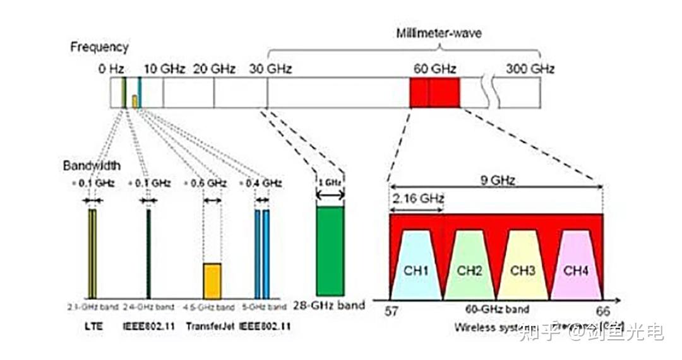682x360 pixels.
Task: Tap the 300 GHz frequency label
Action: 530,68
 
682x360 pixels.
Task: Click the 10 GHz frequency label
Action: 164,68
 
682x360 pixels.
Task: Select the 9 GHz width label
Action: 496,181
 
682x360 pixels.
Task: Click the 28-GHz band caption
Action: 329,305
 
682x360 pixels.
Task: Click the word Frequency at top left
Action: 99,47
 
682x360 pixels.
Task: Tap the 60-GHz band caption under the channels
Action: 497,309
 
